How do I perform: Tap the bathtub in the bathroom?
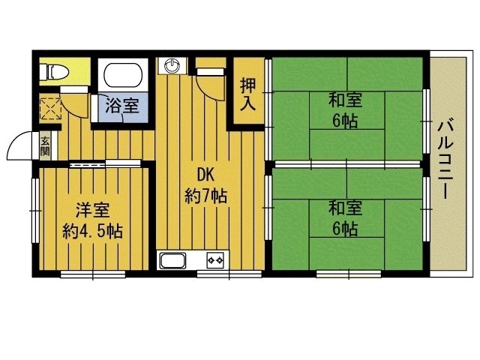coord(123,75)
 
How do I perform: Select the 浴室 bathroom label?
coord(122,105)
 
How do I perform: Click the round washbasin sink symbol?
coord(172,65)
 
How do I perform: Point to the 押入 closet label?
coord(248,94)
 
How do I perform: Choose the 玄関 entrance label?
coord(45,146)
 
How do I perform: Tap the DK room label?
coord(205,175)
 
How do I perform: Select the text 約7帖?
coord(205,196)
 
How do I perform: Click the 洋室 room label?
coord(93,210)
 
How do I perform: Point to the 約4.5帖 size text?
coord(93,232)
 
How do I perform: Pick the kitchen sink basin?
coord(173,261)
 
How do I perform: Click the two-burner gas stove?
coord(215,260)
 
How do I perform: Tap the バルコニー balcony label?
coord(445,159)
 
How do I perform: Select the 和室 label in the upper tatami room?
coord(346,100)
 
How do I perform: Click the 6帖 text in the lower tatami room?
coord(345,228)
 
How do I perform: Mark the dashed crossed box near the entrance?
coord(51,108)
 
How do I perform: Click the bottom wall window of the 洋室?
coord(93,274)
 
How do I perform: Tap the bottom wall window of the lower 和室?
coord(349,274)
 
